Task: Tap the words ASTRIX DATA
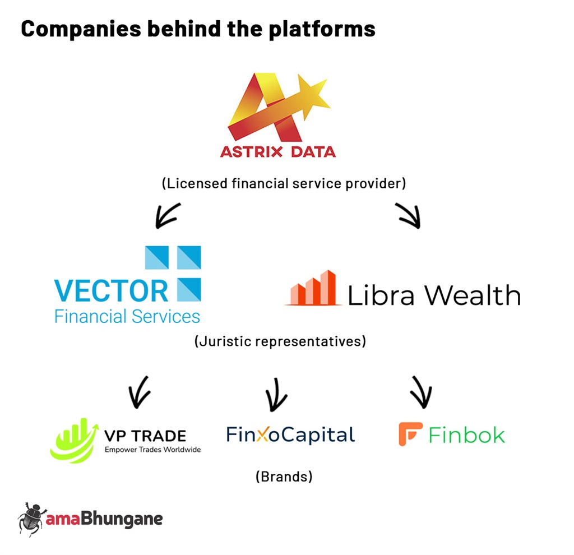click(278, 151)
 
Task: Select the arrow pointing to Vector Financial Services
click(168, 215)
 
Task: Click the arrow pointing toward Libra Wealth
click(408, 215)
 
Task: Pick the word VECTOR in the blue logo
click(112, 291)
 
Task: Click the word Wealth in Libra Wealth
click(472, 295)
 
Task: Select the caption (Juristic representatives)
click(280, 341)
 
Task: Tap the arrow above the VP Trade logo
click(139, 392)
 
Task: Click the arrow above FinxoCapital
click(276, 395)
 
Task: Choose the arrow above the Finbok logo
click(421, 392)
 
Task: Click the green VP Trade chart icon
click(75, 441)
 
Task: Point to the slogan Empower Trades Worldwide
click(152, 450)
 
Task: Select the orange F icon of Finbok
click(410, 434)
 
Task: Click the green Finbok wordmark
click(467, 435)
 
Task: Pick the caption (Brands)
click(284, 477)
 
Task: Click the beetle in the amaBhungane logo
click(31, 519)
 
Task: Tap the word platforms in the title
click(322, 29)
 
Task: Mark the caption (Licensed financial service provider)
click(284, 183)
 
